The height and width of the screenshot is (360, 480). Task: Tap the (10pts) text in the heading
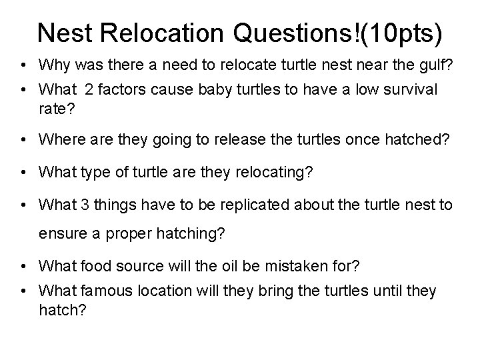pyautogui.click(x=405, y=33)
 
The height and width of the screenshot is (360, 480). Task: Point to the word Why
pyautogui.click(x=53, y=65)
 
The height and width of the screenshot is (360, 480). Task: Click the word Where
pyautogui.click(x=59, y=139)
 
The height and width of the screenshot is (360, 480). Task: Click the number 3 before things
pyautogui.click(x=78, y=205)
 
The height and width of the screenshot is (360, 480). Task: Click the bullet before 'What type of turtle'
pyautogui.click(x=23, y=173)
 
